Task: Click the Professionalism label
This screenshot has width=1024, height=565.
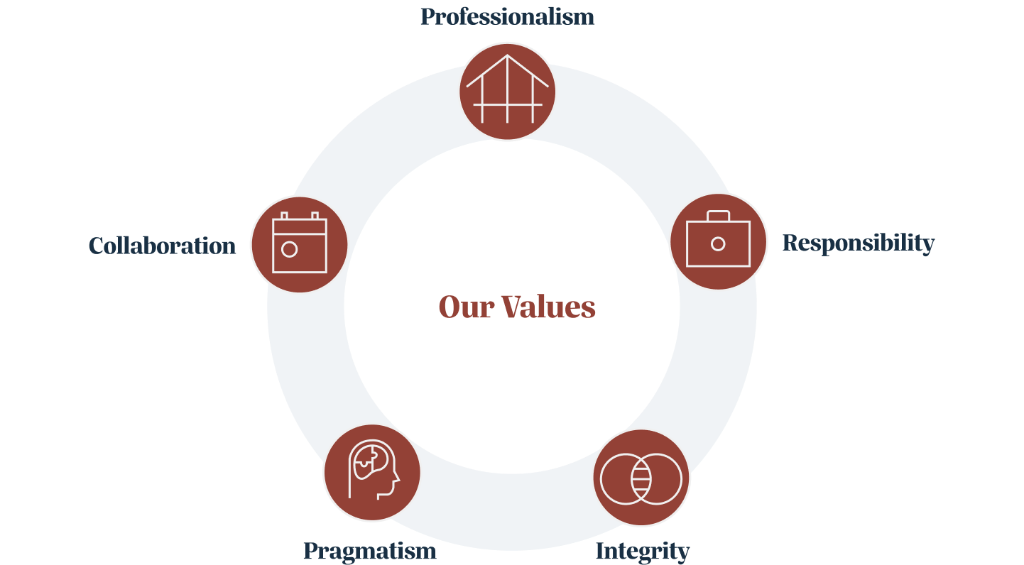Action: [507, 16]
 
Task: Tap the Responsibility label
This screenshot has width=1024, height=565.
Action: [858, 243]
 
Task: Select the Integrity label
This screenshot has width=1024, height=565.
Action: [642, 551]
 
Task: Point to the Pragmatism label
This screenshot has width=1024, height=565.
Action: [369, 551]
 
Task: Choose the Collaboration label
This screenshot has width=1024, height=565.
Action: [162, 246]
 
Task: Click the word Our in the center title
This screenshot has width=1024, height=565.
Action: [465, 307]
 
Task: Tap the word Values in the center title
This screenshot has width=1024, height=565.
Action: [548, 307]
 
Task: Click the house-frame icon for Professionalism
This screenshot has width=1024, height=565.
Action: [507, 92]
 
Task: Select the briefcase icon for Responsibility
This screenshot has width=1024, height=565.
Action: [718, 241]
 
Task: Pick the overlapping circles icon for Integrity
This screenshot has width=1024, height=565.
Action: [641, 478]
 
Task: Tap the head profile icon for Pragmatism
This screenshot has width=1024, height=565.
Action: [371, 472]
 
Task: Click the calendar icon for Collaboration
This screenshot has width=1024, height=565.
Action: [299, 244]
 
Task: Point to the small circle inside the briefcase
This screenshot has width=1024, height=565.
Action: [718, 244]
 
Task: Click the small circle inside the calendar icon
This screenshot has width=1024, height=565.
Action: [289, 249]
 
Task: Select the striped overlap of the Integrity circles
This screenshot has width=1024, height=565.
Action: [641, 478]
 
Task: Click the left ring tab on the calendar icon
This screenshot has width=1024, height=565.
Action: [284, 215]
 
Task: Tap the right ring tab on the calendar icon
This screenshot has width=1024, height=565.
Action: [315, 215]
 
